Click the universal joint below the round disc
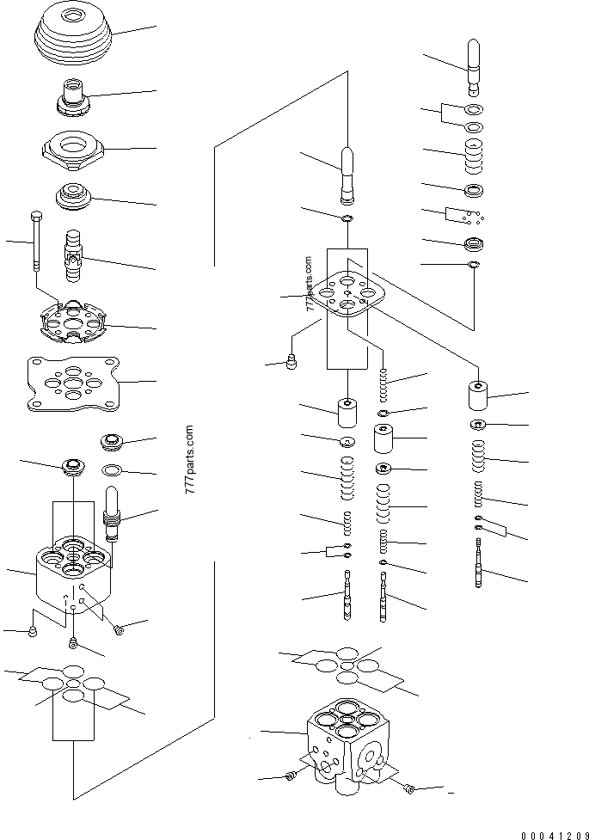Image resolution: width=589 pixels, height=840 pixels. pyautogui.click(x=74, y=251)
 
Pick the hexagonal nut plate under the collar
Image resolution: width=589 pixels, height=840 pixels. pyautogui.click(x=75, y=149)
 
